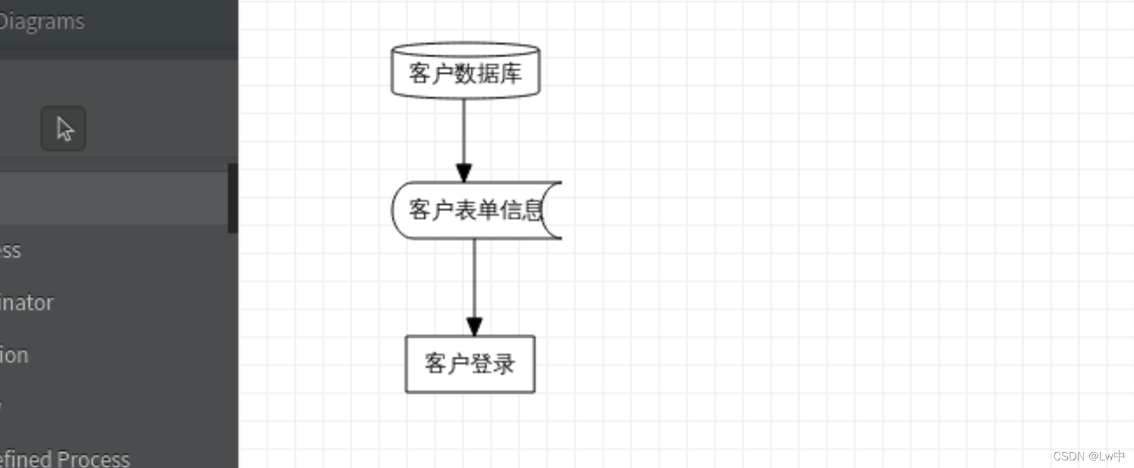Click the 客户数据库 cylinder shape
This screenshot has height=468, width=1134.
tap(465, 73)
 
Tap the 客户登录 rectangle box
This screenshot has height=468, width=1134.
tap(470, 364)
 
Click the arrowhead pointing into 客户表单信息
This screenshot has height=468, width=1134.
tap(464, 173)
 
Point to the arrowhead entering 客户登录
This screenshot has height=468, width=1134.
tap(475, 326)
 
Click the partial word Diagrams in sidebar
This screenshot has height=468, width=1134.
tap(42, 21)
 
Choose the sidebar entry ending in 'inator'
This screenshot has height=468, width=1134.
tap(26, 303)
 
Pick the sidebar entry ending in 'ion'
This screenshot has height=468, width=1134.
tap(14, 355)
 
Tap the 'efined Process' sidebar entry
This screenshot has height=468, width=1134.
tap(64, 459)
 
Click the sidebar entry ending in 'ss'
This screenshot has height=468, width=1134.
tap(11, 251)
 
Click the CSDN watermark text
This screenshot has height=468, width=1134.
tap(1089, 456)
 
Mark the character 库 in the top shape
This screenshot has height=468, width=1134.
tap(510, 74)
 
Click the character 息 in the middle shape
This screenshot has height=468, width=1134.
tap(533, 210)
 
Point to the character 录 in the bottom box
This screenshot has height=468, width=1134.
tap(504, 364)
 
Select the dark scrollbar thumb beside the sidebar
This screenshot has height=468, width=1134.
tap(233, 198)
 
